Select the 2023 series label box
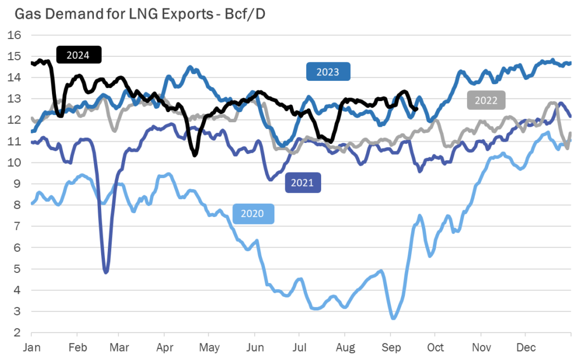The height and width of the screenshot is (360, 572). click(x=327, y=71)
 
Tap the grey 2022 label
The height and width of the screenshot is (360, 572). click(x=485, y=100)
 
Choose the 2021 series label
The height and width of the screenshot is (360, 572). click(x=303, y=183)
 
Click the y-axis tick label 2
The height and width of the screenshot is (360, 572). click(x=18, y=333)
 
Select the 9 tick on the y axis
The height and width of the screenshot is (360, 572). click(x=18, y=184)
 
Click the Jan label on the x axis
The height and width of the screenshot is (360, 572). click(x=32, y=347)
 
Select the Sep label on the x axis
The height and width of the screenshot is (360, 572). click(x=390, y=347)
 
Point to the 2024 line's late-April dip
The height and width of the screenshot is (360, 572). click(x=195, y=155)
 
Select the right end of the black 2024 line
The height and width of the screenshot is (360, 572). click(x=417, y=109)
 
